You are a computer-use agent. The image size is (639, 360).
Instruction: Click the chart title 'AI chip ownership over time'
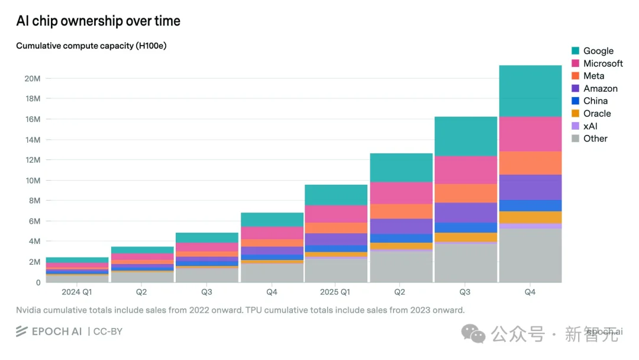tap(98, 21)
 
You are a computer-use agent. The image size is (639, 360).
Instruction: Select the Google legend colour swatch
tap(575, 51)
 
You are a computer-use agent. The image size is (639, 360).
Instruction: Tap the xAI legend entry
tap(590, 126)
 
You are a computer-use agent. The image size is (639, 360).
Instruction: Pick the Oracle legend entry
tap(596, 114)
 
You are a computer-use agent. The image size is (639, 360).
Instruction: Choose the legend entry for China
tap(595, 101)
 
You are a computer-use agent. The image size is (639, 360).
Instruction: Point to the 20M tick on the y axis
tap(33, 78)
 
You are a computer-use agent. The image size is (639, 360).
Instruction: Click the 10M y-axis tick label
tap(33, 180)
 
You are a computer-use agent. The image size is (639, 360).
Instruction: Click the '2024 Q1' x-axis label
tap(76, 292)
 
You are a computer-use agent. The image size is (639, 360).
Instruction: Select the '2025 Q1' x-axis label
tap(335, 292)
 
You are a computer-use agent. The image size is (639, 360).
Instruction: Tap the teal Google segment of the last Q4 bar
tap(530, 91)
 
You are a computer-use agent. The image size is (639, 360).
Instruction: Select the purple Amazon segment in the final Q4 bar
tap(530, 187)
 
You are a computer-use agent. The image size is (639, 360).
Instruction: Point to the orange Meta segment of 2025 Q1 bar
tap(335, 228)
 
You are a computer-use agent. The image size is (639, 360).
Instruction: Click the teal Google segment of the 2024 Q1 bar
tap(77, 260)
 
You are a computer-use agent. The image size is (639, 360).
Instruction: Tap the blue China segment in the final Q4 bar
tap(530, 205)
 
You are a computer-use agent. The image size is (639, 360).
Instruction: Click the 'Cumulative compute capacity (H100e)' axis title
tap(91, 46)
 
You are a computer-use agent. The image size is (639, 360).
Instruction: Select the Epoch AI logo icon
tap(22, 331)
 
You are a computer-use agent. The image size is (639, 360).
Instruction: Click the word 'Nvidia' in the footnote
tap(30, 310)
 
